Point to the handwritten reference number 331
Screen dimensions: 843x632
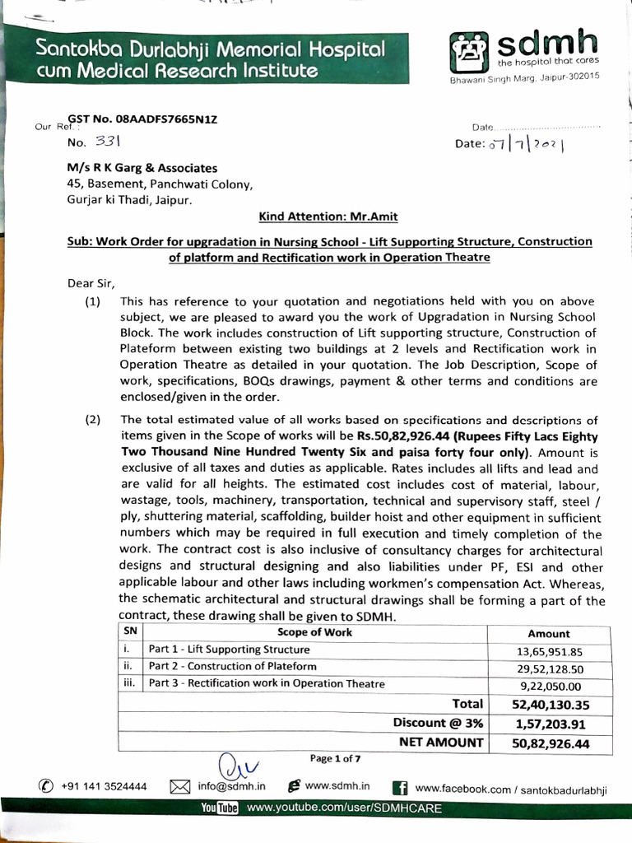click(108, 142)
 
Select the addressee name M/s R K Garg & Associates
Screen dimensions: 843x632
click(142, 168)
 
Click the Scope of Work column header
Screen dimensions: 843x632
click(314, 632)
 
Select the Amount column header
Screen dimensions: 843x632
click(548, 633)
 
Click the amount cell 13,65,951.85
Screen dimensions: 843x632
click(549, 650)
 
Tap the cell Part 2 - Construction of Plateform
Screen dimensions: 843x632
click(233, 666)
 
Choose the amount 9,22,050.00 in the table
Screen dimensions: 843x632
click(551, 686)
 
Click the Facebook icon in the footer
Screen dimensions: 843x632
click(402, 788)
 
